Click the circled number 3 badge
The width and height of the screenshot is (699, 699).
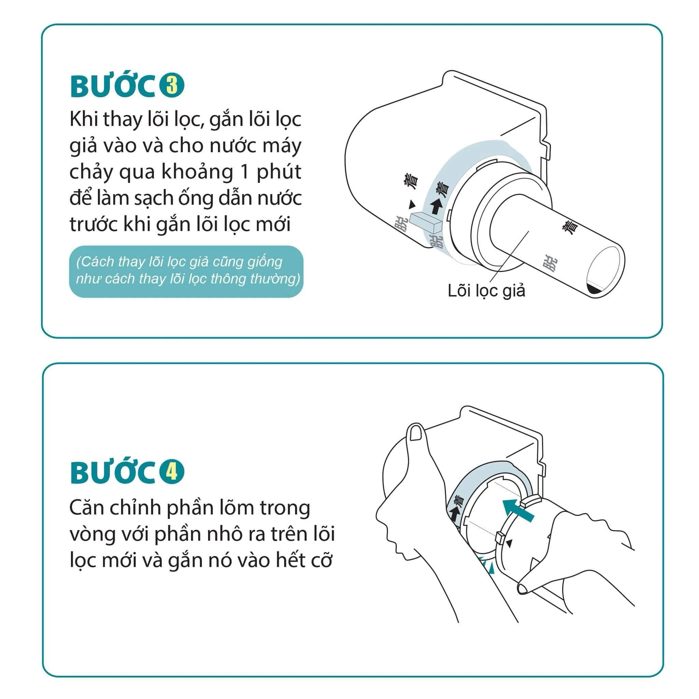click(172, 86)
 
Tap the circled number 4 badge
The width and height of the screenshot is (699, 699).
click(172, 472)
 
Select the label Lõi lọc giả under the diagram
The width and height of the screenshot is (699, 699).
click(486, 291)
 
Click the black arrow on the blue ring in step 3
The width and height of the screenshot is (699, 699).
click(436, 206)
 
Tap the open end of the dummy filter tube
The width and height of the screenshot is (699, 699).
click(603, 271)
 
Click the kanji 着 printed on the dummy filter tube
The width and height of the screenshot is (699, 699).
click(570, 228)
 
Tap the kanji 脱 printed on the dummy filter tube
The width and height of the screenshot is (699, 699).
click(550, 262)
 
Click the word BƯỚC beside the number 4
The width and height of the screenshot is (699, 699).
click(113, 472)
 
